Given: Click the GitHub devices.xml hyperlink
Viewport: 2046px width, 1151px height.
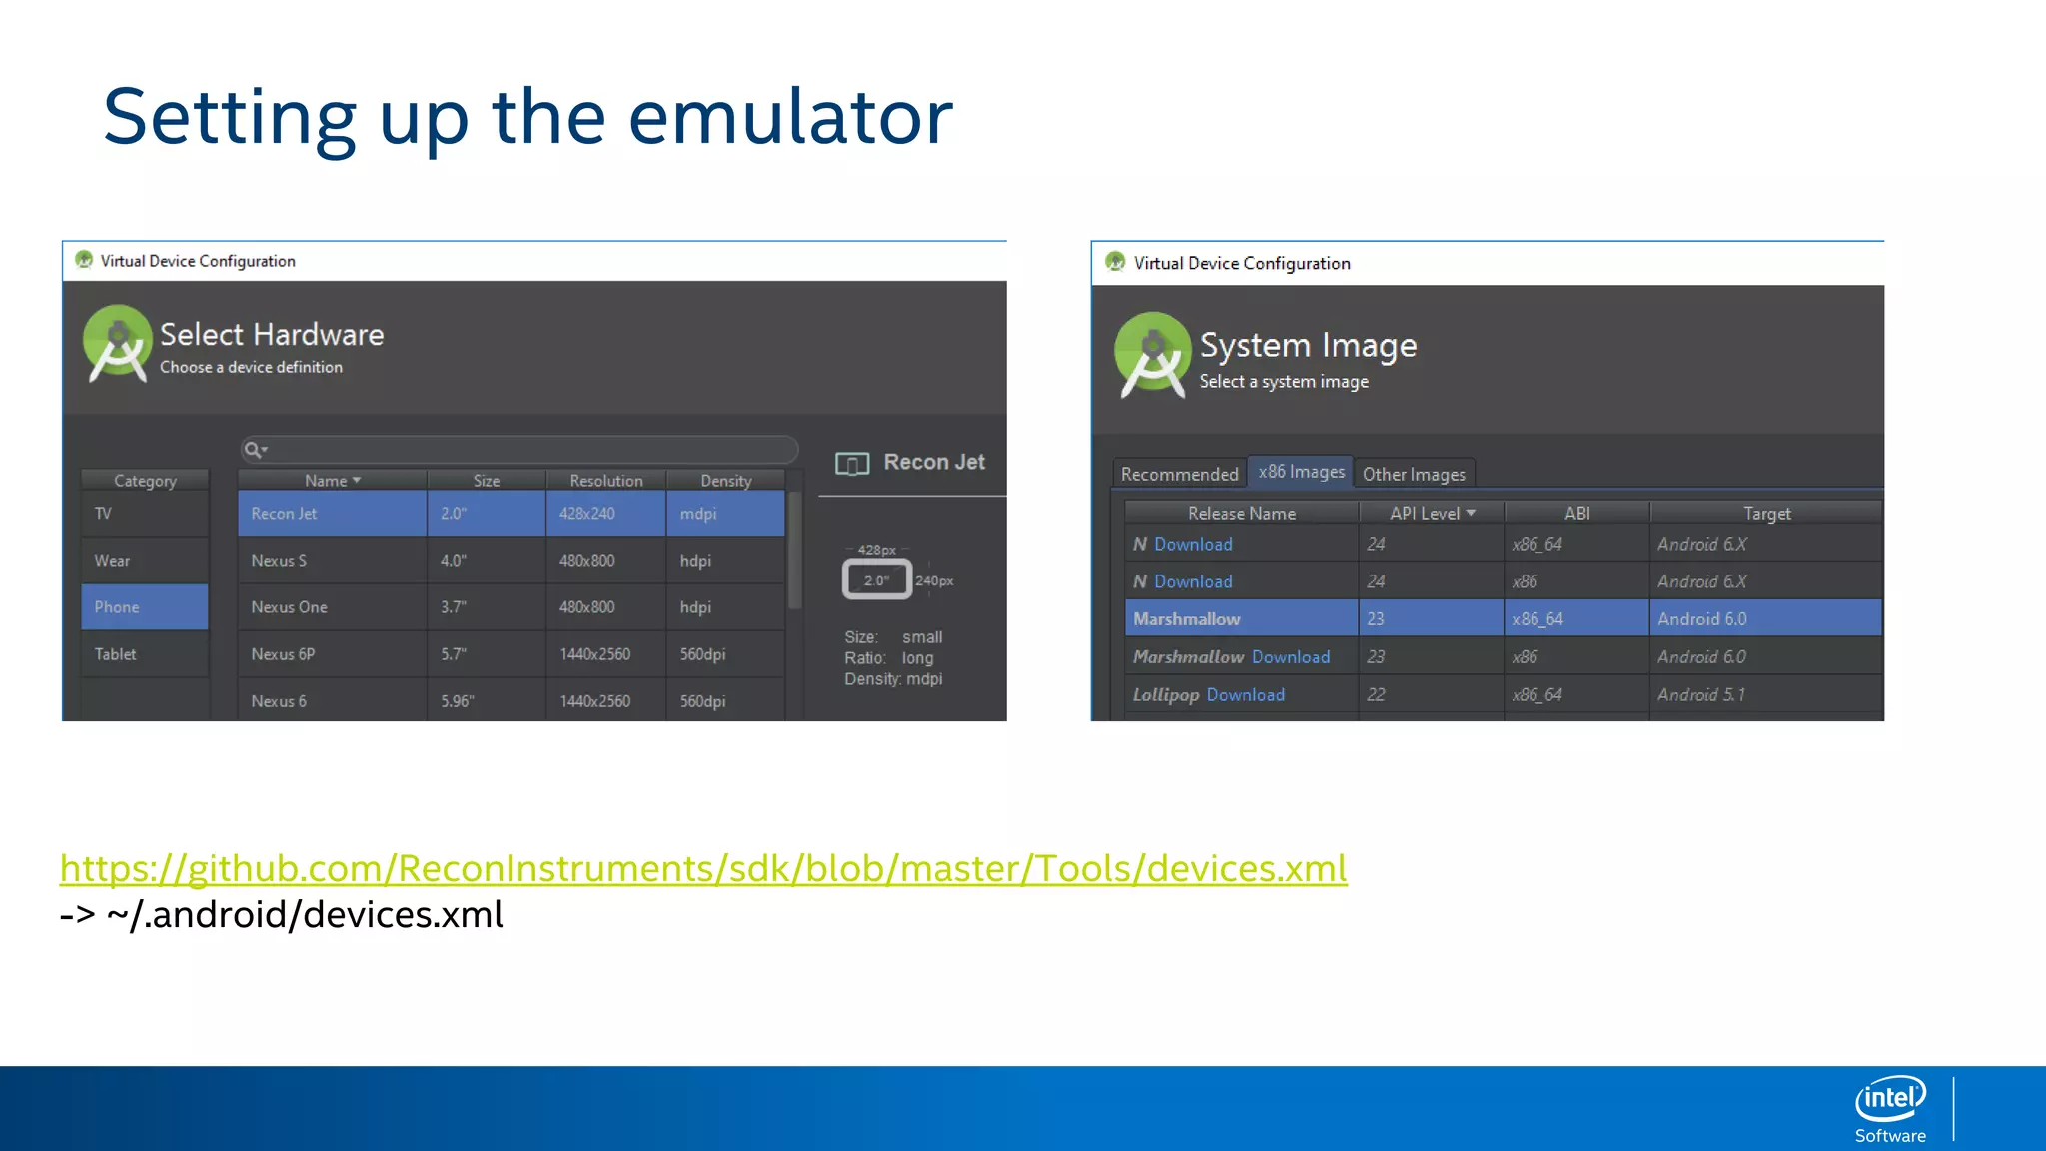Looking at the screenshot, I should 703,869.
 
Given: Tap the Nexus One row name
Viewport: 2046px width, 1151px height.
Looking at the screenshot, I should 290,607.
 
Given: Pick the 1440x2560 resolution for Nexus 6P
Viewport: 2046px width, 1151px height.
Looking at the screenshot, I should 595,654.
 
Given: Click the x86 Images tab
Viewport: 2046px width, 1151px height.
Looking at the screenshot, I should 1301,472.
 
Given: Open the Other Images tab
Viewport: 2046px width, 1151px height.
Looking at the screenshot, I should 1414,474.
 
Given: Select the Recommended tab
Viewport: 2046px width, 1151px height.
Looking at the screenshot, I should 1179,474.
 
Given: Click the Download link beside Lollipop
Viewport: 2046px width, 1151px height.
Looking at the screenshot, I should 1246,695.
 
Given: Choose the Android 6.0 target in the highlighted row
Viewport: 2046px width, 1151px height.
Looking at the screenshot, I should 1702,619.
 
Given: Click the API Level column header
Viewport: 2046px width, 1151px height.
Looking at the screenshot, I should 1431,513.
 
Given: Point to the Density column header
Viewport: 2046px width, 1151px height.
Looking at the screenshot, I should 726,481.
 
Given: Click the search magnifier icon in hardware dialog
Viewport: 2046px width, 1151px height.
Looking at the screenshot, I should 254,450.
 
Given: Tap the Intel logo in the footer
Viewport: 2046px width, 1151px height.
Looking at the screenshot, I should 1890,1099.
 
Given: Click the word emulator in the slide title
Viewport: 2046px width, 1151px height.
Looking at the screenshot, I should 790,117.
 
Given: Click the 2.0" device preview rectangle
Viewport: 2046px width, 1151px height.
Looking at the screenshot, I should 876,580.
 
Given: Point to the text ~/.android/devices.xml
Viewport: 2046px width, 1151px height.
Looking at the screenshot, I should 305,915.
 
